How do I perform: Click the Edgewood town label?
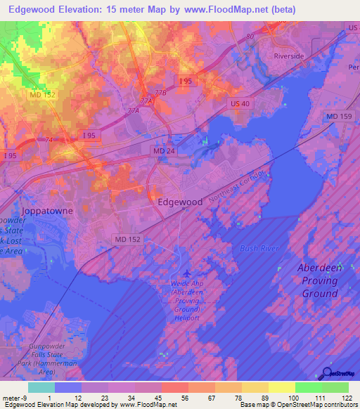(x=180, y=201)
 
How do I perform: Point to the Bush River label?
(x=259, y=248)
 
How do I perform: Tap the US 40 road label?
(x=239, y=103)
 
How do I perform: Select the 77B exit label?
(x=161, y=92)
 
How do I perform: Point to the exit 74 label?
(x=49, y=140)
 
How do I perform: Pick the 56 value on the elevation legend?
(x=184, y=398)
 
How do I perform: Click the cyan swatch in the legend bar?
(x=41, y=387)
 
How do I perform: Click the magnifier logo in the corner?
(x=326, y=374)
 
